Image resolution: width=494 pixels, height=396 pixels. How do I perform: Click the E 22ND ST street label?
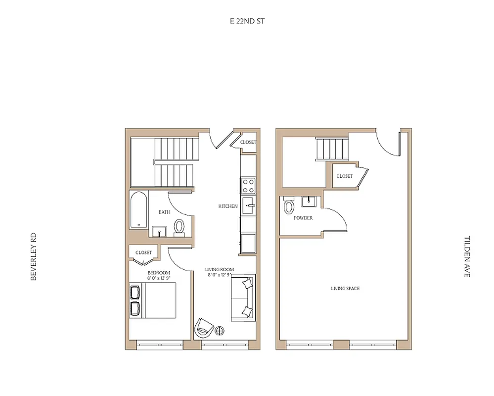pyautogui.click(x=244, y=21)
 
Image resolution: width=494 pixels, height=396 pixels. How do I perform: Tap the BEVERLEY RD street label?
pyautogui.click(x=34, y=257)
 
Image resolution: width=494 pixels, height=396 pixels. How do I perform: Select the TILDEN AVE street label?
pyautogui.click(x=466, y=256)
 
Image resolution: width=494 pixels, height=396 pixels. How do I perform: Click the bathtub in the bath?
pyautogui.click(x=139, y=210)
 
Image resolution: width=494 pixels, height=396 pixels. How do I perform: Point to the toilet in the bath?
pyautogui.click(x=179, y=227)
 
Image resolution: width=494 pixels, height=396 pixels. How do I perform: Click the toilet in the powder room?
pyautogui.click(x=289, y=206)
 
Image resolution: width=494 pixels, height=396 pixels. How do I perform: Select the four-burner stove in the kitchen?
pyautogui.click(x=248, y=186)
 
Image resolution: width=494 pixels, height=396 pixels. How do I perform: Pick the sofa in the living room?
pyautogui.click(x=243, y=297)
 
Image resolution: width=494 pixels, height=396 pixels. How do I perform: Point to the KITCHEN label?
pyautogui.click(x=228, y=206)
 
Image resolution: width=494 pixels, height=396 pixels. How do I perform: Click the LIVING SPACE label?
pyautogui.click(x=345, y=288)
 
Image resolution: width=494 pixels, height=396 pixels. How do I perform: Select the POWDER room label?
pyautogui.click(x=303, y=218)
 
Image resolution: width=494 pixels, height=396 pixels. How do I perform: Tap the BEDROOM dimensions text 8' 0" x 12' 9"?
pyautogui.click(x=159, y=278)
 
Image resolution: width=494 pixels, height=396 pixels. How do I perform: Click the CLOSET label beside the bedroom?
pyautogui.click(x=143, y=252)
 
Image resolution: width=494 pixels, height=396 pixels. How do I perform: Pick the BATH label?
pyautogui.click(x=164, y=212)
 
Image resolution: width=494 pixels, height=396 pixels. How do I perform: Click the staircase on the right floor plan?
pyautogui.click(x=332, y=149)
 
